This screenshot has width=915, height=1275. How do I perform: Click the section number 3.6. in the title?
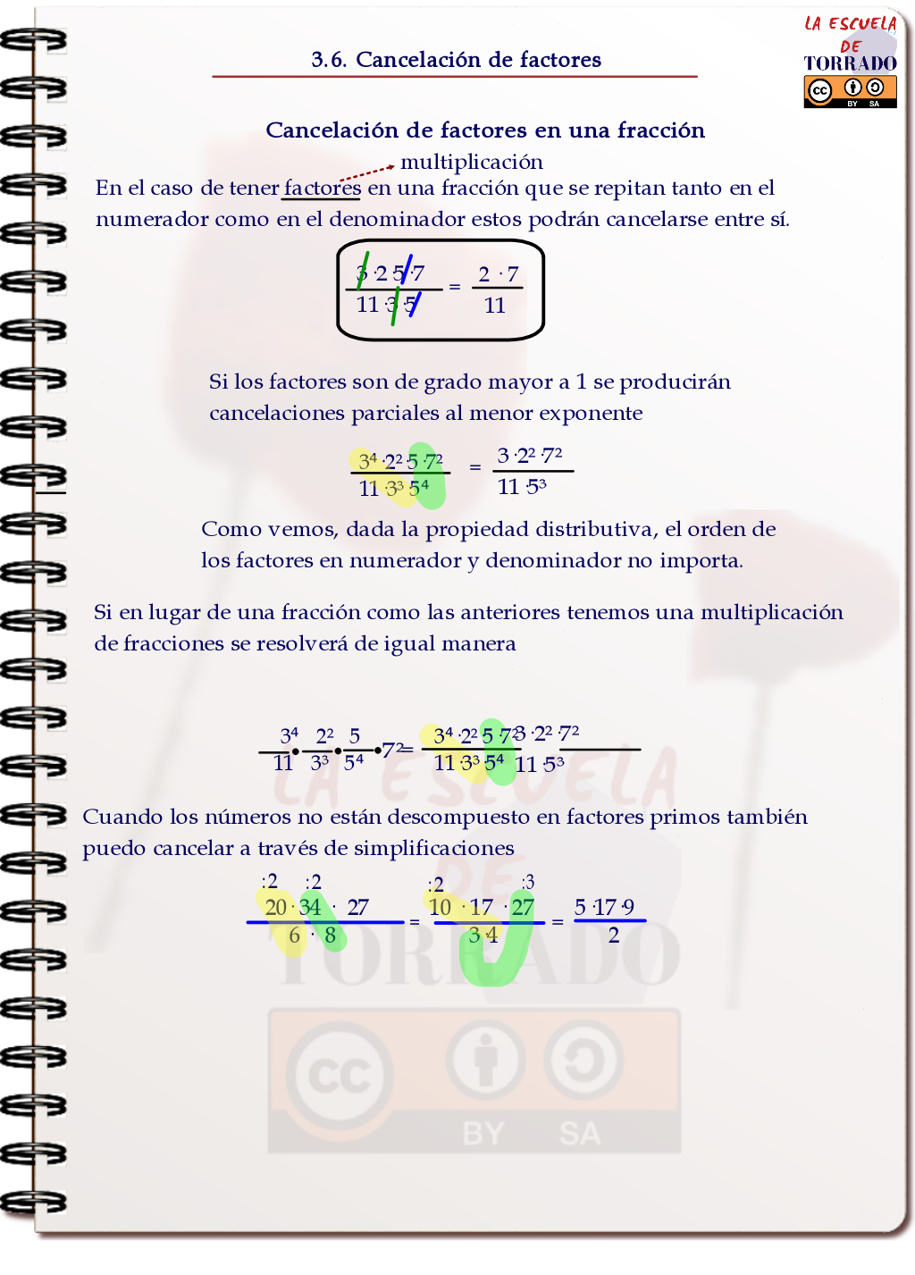328,60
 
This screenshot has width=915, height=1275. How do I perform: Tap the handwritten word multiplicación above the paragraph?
472,162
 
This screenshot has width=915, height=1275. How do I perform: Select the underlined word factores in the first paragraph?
323,188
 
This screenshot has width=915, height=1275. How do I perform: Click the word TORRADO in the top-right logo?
850,63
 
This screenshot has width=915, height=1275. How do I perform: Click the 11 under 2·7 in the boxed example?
495,306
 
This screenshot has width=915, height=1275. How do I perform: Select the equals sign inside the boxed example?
455,287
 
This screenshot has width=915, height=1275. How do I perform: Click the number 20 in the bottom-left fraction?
275,908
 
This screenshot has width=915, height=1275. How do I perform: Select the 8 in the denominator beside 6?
330,935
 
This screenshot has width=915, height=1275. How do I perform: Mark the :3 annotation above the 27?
527,883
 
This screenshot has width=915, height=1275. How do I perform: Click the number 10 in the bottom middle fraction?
440,908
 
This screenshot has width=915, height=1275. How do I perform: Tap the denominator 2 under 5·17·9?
614,935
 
